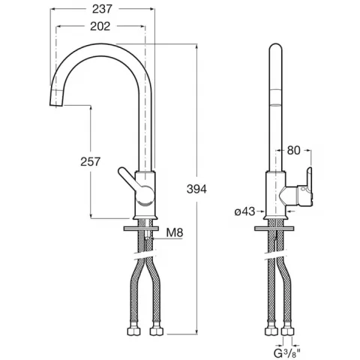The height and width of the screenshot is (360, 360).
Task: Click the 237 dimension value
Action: (x=102, y=9)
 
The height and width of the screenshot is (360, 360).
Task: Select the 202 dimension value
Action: (x=100, y=26)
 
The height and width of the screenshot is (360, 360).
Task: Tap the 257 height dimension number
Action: (x=90, y=161)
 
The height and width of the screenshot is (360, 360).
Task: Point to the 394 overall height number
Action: (x=196, y=189)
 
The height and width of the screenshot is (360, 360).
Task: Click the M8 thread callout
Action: (x=175, y=232)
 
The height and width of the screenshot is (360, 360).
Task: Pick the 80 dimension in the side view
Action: (x=293, y=151)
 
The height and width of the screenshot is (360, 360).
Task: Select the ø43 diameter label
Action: (x=244, y=211)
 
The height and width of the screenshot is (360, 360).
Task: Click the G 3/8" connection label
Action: (x=287, y=353)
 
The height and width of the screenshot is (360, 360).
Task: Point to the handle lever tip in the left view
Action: (x=121, y=171)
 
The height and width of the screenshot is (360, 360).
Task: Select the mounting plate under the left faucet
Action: (x=141, y=229)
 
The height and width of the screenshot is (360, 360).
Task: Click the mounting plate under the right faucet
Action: (x=274, y=229)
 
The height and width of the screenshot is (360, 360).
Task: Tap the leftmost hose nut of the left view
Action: (x=133, y=331)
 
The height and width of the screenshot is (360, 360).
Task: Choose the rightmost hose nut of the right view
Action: (x=288, y=331)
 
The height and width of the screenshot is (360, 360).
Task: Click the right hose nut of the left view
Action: (x=157, y=331)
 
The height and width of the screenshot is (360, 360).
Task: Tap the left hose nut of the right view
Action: (x=271, y=331)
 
